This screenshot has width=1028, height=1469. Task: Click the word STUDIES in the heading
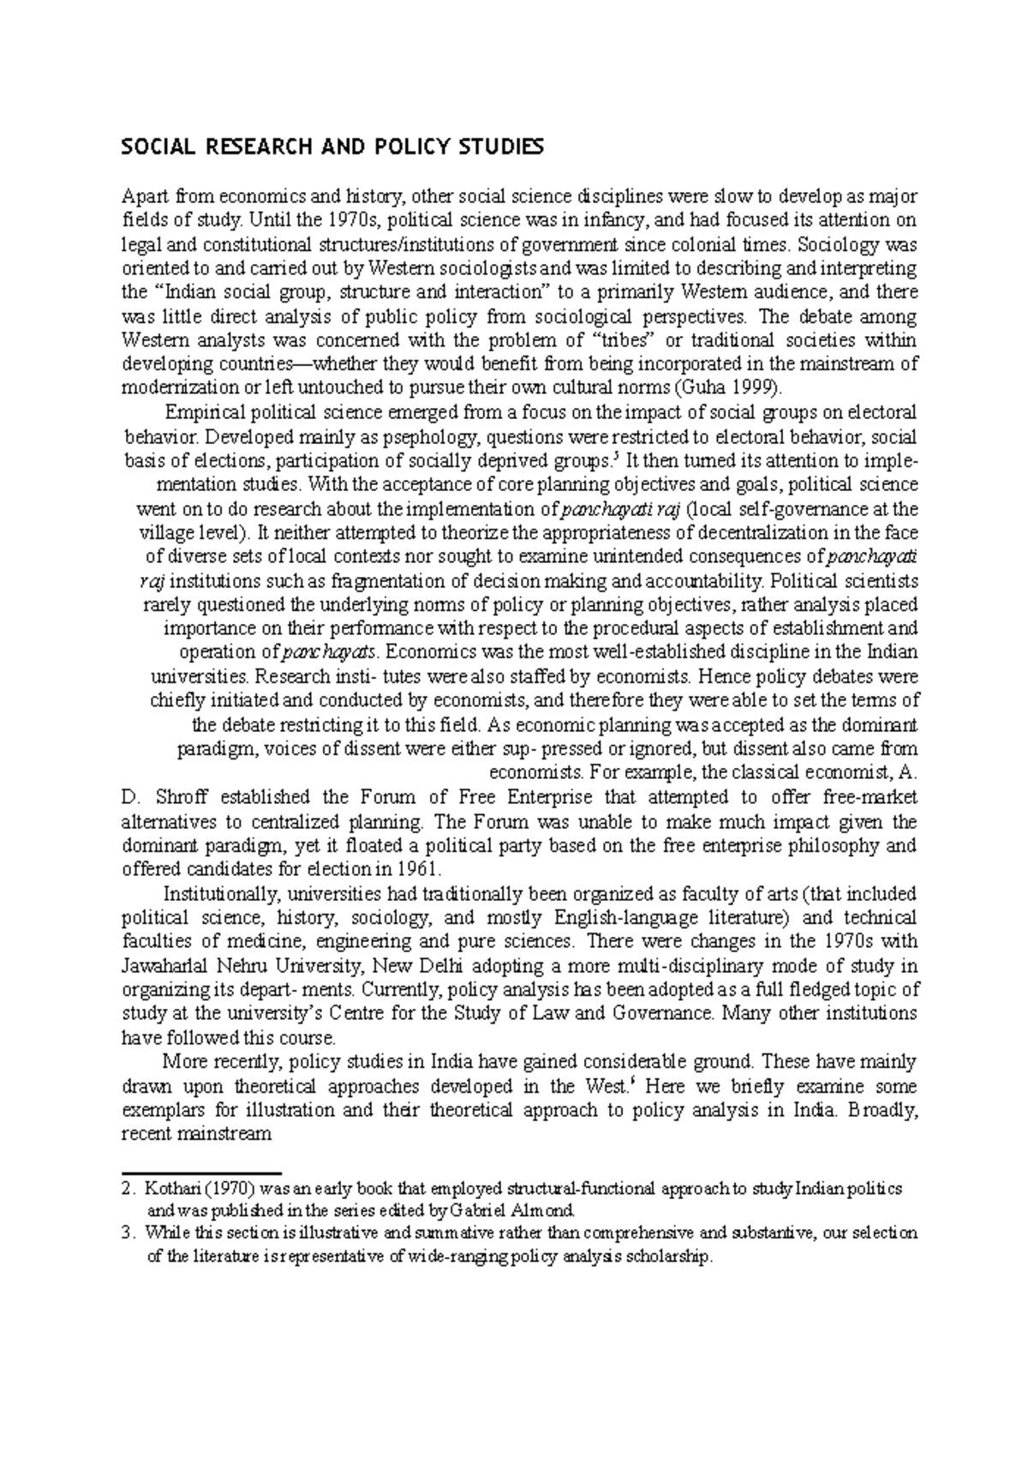496,149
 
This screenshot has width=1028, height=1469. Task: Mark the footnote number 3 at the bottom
128,1233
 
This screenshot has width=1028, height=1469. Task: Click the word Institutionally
223,893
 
